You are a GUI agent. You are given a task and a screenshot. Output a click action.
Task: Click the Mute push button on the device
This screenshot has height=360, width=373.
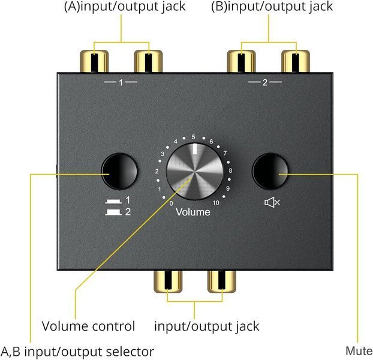point(270,172)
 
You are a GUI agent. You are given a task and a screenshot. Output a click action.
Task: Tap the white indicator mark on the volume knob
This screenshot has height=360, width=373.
point(195,149)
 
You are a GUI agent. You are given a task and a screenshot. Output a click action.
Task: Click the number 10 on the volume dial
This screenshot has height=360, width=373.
point(216,203)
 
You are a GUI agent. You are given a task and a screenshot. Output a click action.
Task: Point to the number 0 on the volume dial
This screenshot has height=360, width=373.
point(171,203)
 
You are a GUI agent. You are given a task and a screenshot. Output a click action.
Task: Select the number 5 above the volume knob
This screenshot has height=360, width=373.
point(194,137)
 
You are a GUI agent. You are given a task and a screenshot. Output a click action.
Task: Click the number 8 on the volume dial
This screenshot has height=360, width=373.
point(230,170)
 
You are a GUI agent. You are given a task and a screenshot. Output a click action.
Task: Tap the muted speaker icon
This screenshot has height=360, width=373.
point(272,202)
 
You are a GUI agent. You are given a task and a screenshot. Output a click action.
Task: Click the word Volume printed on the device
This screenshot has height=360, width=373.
point(193,212)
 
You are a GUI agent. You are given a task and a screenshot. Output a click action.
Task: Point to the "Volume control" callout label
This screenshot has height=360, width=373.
point(88,326)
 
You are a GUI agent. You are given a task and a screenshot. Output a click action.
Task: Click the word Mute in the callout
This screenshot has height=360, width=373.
point(359,351)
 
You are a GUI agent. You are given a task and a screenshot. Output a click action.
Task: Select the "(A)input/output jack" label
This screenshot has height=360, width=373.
point(125,7)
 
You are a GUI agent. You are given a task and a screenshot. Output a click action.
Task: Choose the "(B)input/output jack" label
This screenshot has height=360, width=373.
point(272,7)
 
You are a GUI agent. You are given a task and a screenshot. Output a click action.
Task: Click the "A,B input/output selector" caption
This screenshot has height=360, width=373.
point(77,352)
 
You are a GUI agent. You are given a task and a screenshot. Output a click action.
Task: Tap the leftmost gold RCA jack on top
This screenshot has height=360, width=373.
point(94,61)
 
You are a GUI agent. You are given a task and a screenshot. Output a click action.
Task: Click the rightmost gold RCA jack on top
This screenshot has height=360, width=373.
point(296,61)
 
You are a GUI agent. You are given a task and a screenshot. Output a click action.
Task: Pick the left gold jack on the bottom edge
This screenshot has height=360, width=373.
point(168,281)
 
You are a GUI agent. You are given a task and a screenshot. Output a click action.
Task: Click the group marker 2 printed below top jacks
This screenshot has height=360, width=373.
point(265,82)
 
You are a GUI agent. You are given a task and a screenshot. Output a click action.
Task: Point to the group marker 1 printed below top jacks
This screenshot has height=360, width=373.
point(121,83)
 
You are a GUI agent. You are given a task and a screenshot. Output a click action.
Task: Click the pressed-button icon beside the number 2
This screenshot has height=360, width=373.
point(113,212)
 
